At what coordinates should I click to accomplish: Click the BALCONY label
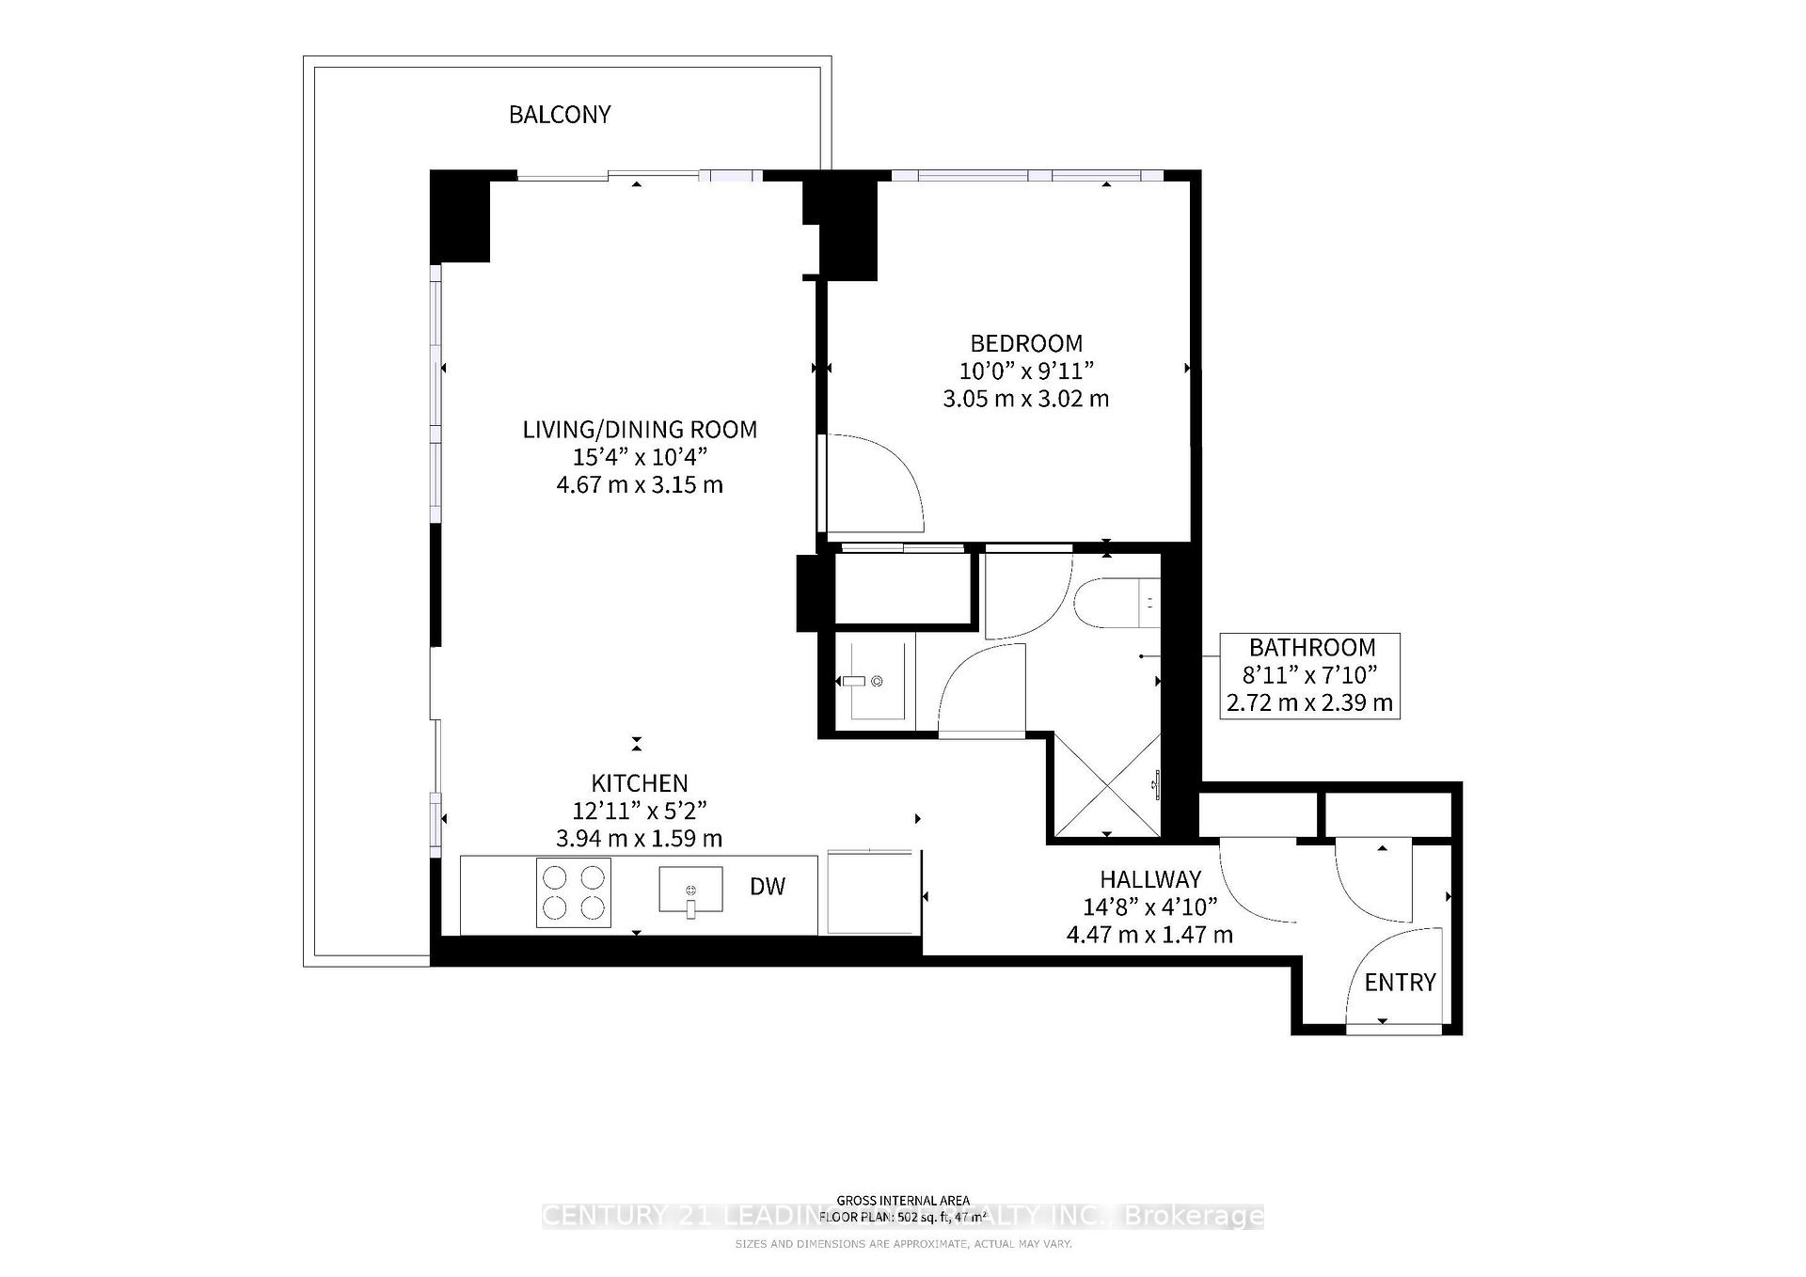(x=560, y=115)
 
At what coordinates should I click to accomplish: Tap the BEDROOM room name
(x=1026, y=343)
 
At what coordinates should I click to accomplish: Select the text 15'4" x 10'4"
(x=640, y=457)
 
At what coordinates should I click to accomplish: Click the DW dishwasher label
(x=768, y=886)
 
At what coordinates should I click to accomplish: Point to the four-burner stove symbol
(x=573, y=892)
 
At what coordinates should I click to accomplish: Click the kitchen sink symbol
(x=690, y=891)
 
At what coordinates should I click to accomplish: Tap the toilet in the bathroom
(x=1116, y=604)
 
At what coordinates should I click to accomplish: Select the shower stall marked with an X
(x=1106, y=785)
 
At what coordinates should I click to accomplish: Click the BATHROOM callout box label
(x=1311, y=648)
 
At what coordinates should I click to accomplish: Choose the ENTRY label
(x=1400, y=983)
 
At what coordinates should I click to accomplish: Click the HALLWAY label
(x=1150, y=879)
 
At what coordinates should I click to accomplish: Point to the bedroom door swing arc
(x=884, y=475)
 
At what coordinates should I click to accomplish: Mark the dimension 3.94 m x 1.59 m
(x=640, y=838)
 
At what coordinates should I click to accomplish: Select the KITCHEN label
(x=640, y=783)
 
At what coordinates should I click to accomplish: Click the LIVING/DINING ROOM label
(x=640, y=430)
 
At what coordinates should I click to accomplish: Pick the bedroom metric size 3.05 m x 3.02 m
(x=1026, y=399)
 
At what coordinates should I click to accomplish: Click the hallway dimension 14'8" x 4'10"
(x=1150, y=907)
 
